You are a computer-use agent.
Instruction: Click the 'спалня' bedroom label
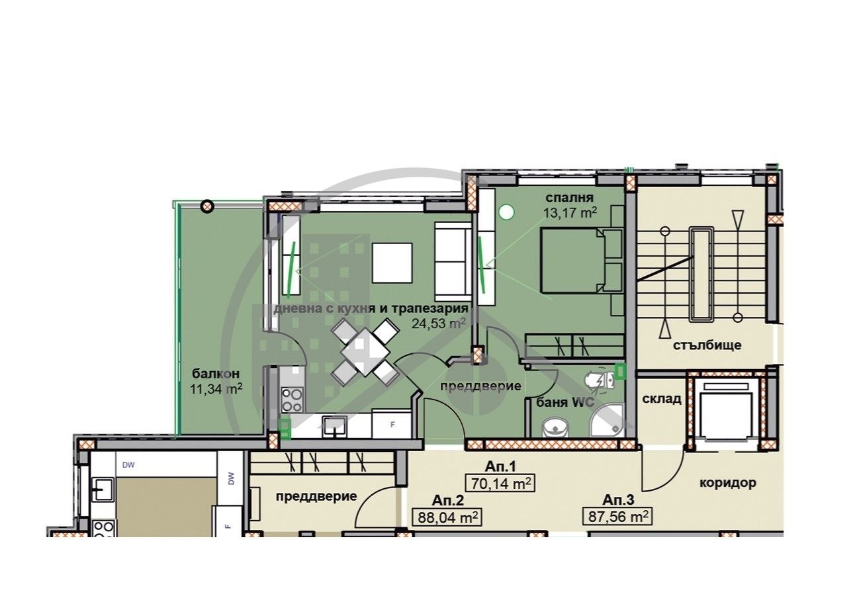click(569, 198)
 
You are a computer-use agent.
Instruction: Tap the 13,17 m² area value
click(570, 212)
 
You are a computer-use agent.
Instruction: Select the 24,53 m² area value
click(439, 324)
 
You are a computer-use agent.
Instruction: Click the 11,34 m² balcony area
click(216, 388)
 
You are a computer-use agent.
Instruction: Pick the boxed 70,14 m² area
click(500, 484)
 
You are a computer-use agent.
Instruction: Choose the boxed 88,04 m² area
click(447, 516)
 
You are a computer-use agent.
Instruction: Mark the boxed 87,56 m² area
click(618, 516)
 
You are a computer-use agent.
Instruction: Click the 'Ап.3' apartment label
click(618, 499)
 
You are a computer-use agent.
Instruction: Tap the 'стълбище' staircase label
click(707, 345)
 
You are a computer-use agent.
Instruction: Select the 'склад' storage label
click(661, 399)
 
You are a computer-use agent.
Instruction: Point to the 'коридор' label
click(727, 482)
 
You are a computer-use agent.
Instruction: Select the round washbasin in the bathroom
click(553, 427)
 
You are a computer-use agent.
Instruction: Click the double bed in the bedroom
click(581, 260)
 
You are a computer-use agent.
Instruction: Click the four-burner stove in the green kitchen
click(292, 400)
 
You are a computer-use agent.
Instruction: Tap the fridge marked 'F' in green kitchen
click(392, 424)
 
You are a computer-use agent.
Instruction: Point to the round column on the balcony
click(207, 206)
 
